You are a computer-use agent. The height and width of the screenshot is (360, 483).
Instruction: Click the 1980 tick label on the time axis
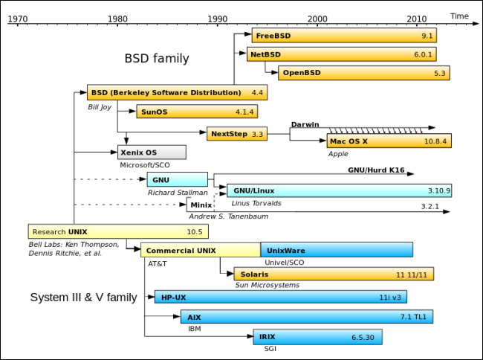point(117,17)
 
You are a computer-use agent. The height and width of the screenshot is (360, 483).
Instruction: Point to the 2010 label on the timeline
point(417,17)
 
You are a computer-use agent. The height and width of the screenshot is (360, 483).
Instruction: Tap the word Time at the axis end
point(459,15)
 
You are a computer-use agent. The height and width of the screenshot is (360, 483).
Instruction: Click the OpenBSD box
point(364,73)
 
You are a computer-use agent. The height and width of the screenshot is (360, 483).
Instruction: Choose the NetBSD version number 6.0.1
point(424,54)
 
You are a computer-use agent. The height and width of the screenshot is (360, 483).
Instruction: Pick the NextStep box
point(237,134)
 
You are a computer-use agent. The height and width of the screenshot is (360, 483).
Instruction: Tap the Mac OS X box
point(389,141)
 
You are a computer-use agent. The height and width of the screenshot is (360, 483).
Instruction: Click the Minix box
point(200,205)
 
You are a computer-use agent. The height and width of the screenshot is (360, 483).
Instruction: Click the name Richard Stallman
point(177,192)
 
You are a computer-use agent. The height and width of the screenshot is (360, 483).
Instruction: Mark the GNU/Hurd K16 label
point(376,170)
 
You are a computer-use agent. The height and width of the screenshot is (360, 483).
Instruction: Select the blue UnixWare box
point(337,250)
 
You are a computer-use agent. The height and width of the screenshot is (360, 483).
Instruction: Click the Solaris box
point(333,274)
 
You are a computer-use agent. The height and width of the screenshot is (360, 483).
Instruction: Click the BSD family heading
point(156,58)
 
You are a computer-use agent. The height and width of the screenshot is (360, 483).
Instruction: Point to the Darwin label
point(305,124)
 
